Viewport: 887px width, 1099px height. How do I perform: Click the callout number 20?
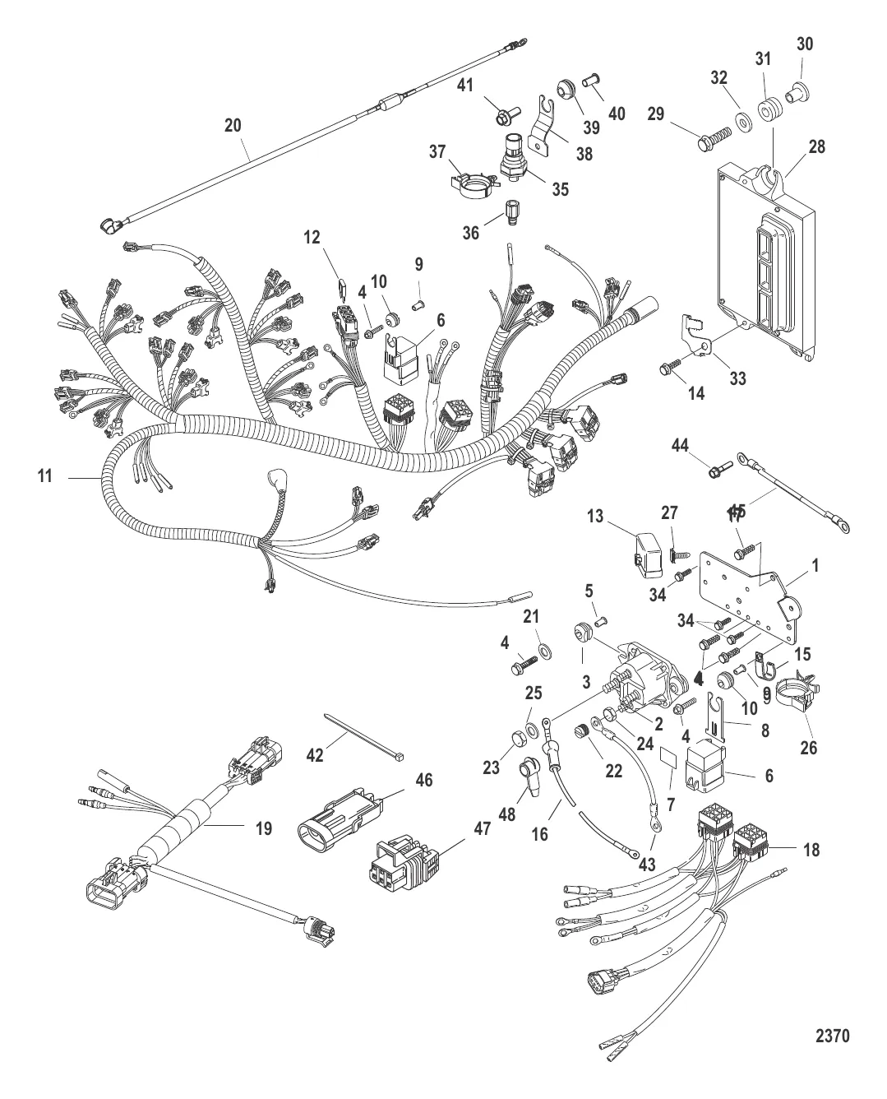(233, 125)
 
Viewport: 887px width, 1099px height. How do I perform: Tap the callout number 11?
(45, 475)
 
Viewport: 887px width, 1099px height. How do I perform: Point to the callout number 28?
(816, 146)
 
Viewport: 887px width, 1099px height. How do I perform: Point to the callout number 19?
(263, 828)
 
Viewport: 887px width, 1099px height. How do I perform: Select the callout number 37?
(437, 151)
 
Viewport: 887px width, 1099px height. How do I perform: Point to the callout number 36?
(469, 233)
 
